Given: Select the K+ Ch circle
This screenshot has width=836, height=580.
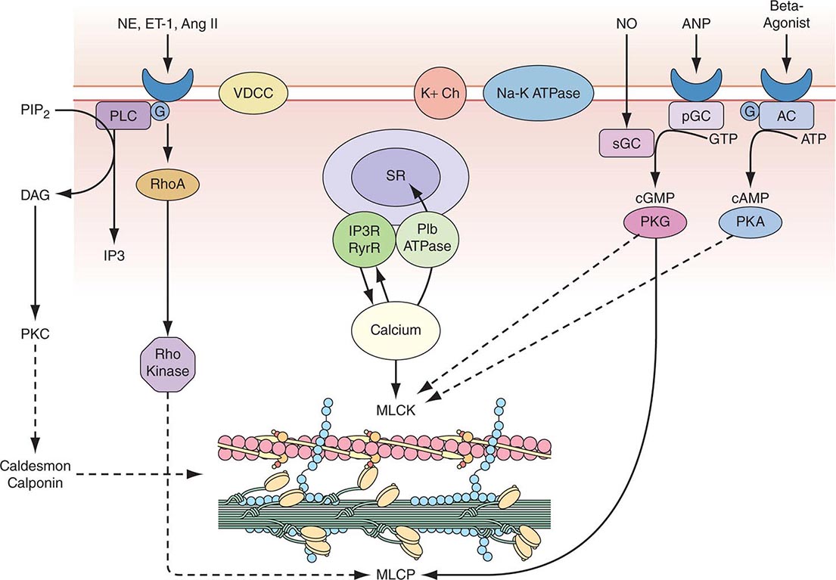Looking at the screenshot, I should point(439,95).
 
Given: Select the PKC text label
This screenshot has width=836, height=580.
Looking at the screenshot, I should point(35,332).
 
